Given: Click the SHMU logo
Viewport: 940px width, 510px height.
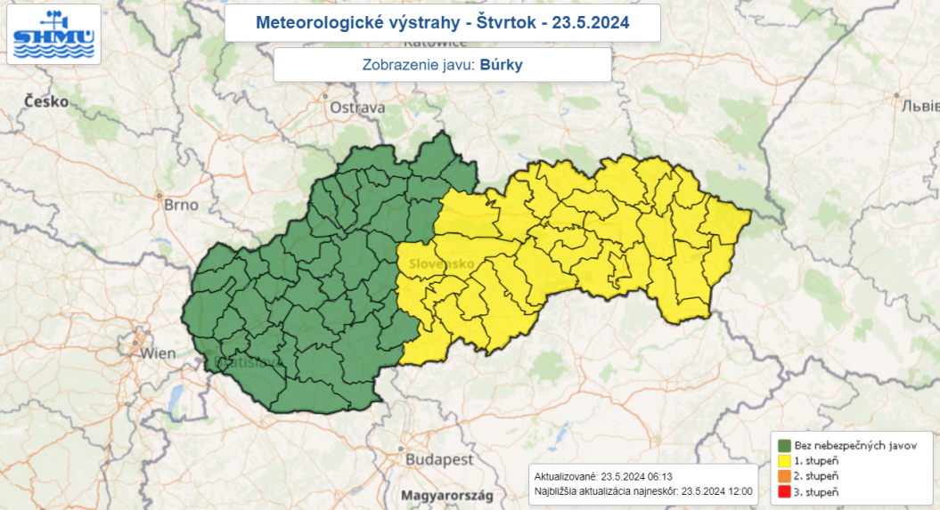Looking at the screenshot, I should (x=53, y=34).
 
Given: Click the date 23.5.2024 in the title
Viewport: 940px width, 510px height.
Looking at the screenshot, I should (x=591, y=22).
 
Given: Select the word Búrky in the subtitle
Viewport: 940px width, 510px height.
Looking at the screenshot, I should (x=501, y=65).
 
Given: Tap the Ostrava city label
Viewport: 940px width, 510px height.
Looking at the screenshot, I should (x=357, y=108).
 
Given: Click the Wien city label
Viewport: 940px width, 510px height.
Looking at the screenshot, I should (x=158, y=353).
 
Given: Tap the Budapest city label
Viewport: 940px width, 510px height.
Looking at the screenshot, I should (x=439, y=460).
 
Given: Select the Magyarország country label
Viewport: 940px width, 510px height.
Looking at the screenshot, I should (x=446, y=495).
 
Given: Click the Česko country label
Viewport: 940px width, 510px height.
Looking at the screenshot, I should (x=46, y=101).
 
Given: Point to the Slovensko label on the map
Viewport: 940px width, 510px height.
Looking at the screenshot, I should (x=442, y=264).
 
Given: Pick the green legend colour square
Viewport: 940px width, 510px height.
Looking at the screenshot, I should (x=784, y=445).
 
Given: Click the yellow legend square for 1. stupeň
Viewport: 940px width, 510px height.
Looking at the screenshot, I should (x=784, y=460).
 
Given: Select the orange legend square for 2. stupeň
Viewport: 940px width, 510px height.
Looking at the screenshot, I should (x=784, y=476).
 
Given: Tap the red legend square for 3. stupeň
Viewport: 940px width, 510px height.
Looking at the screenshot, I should (x=784, y=491).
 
